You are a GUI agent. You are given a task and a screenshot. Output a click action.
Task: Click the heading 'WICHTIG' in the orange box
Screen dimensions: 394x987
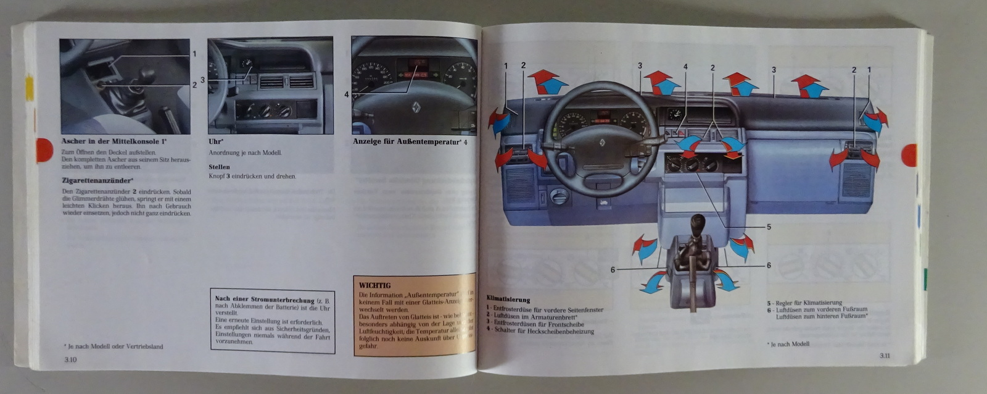[x=375, y=285]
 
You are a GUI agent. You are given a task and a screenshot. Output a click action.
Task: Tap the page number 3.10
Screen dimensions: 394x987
[x=68, y=359]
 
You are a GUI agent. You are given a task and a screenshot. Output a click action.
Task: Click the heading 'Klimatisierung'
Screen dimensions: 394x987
[x=508, y=300]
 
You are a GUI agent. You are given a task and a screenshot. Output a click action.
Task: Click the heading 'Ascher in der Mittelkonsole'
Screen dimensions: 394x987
[x=114, y=141]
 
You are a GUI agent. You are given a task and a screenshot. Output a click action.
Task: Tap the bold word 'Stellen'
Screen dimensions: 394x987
[x=219, y=167]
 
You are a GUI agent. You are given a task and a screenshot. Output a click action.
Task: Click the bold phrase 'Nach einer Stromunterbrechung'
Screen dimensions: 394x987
[x=265, y=300]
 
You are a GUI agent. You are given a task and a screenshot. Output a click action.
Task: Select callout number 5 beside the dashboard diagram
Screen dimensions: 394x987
[x=769, y=227]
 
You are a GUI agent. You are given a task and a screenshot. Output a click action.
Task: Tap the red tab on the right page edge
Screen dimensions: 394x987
[x=910, y=154]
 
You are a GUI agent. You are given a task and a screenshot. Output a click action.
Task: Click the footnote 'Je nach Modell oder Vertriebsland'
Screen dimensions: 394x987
[x=115, y=346]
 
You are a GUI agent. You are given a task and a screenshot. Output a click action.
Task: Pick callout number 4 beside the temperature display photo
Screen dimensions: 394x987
[x=346, y=94]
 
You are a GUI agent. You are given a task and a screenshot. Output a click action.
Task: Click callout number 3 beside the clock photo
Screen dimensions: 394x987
[x=202, y=80]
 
